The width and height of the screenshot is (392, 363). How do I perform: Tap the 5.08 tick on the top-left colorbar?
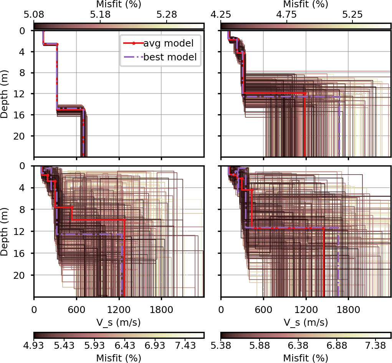tap(34, 15)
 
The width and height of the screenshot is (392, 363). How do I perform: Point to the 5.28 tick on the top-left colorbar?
tap(167, 15)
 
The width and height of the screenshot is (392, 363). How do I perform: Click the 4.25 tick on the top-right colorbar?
tap(221, 15)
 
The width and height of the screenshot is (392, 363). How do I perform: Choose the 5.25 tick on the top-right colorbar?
tap(352, 15)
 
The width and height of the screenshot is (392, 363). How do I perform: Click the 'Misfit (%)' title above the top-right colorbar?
tap(306, 5)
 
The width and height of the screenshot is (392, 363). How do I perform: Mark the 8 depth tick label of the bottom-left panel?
tap(26, 210)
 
